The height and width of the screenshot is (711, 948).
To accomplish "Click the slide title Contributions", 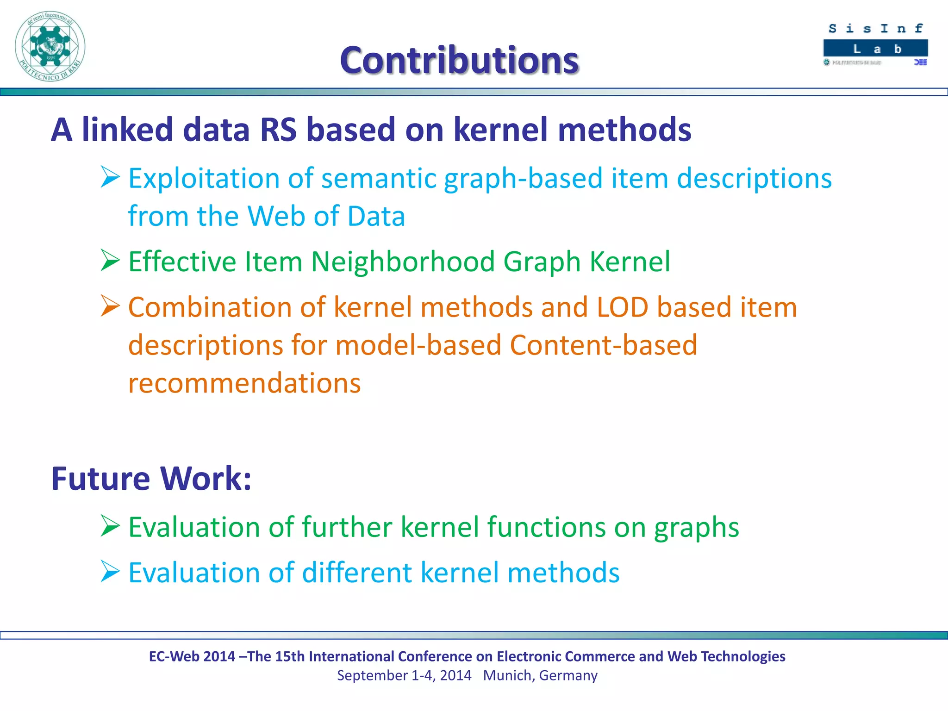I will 459,60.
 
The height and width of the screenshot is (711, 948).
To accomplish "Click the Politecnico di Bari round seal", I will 50,46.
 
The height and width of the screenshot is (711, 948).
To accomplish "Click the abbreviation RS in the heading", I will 278,130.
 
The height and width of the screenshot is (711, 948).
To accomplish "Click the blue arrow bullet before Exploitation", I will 110,177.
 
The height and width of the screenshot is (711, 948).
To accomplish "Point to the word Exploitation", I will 204,179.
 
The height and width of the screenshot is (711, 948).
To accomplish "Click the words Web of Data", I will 326,216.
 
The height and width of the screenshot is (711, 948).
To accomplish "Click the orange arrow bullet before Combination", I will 110,306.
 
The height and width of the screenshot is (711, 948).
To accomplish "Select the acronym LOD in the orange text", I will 622,307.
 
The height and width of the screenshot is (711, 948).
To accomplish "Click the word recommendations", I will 244,383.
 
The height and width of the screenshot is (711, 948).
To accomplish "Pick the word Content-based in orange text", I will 603,345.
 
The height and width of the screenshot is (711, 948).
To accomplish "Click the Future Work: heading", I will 151,478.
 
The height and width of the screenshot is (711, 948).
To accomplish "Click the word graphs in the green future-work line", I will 696,528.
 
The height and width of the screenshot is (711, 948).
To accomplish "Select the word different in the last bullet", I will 357,573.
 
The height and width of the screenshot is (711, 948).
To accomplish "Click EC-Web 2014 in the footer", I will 192,656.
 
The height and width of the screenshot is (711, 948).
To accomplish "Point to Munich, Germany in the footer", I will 540,675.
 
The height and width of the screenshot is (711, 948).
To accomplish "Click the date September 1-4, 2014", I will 404,675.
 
